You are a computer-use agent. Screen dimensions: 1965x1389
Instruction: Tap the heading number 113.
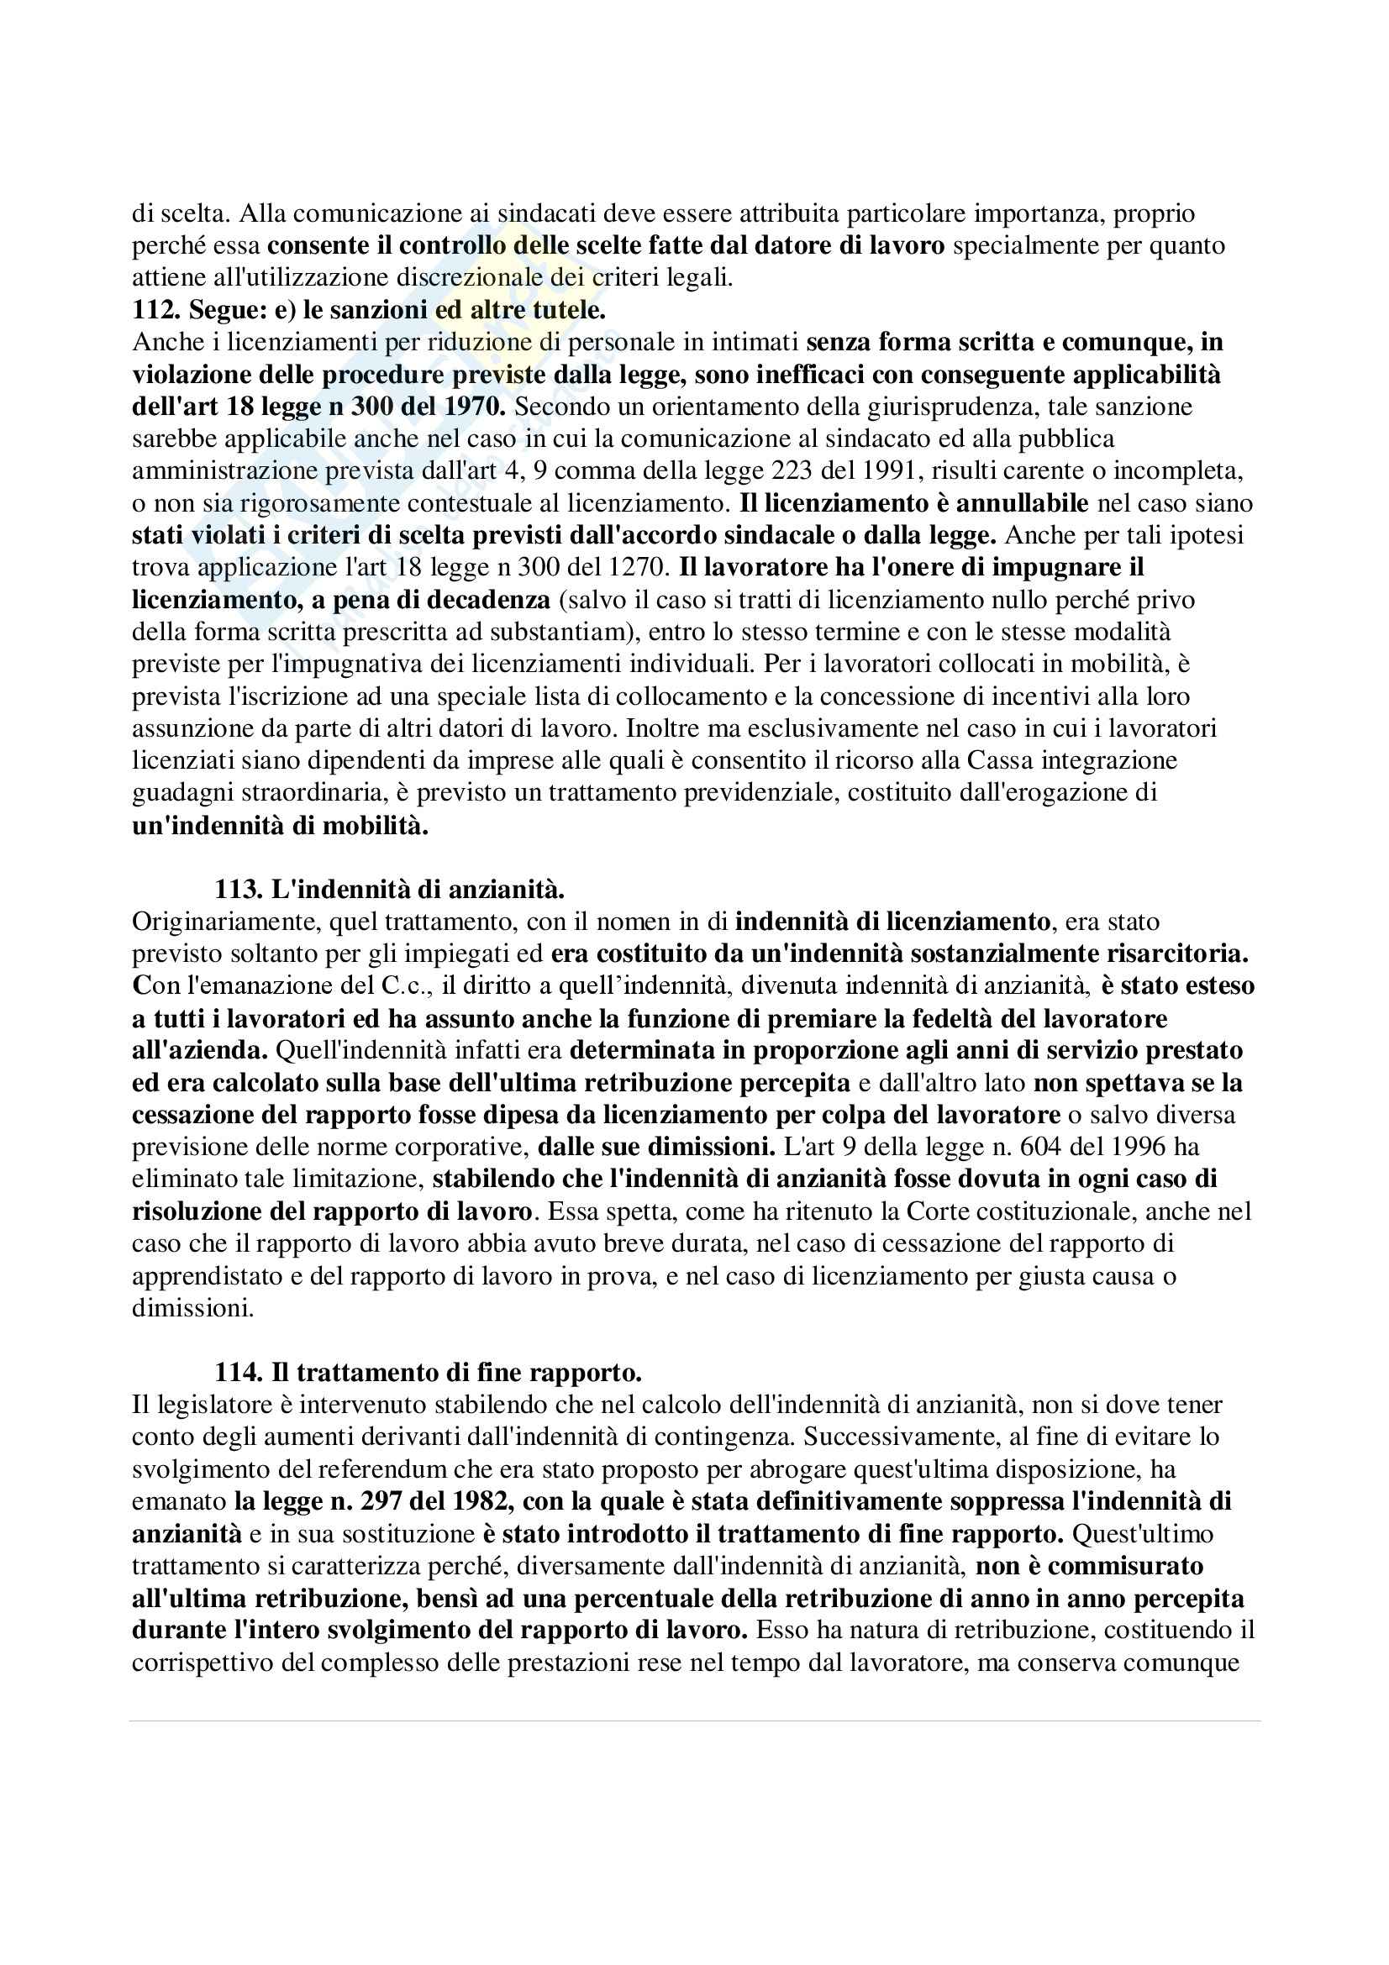click(237, 889)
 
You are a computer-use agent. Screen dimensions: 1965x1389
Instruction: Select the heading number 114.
click(237, 1373)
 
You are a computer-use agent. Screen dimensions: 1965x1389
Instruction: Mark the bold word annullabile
click(1014, 503)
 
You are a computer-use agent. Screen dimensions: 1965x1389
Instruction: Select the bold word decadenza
click(490, 600)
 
